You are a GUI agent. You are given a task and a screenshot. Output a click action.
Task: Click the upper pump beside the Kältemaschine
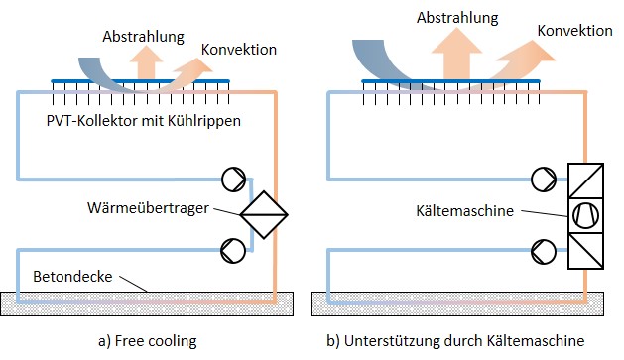pyautogui.click(x=544, y=180)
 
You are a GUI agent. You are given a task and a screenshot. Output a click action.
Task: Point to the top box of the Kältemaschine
pyautogui.click(x=583, y=179)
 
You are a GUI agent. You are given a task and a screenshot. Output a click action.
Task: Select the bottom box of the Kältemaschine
pyautogui.click(x=583, y=251)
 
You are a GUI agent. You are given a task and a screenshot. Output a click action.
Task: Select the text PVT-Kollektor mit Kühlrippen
pyautogui.click(x=144, y=120)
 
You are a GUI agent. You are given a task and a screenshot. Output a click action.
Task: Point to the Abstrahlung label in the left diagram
pyautogui.click(x=144, y=37)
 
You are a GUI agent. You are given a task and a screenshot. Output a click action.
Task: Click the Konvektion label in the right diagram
pyautogui.click(x=574, y=31)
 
